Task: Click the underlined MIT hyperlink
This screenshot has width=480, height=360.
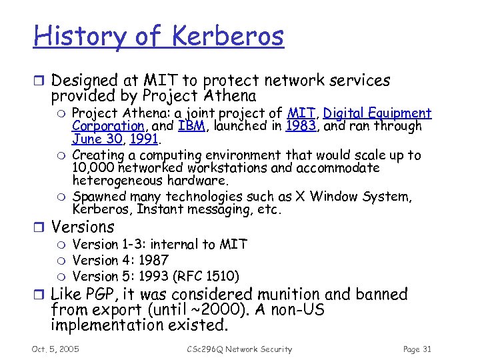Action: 301,113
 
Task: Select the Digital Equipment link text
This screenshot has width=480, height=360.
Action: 377,114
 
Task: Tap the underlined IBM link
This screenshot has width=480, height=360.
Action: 191,126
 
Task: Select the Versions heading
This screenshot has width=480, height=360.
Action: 83,227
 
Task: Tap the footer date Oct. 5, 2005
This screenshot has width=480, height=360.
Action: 55,349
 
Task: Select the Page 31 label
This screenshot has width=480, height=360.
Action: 418,349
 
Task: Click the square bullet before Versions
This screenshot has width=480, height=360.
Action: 39,227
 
